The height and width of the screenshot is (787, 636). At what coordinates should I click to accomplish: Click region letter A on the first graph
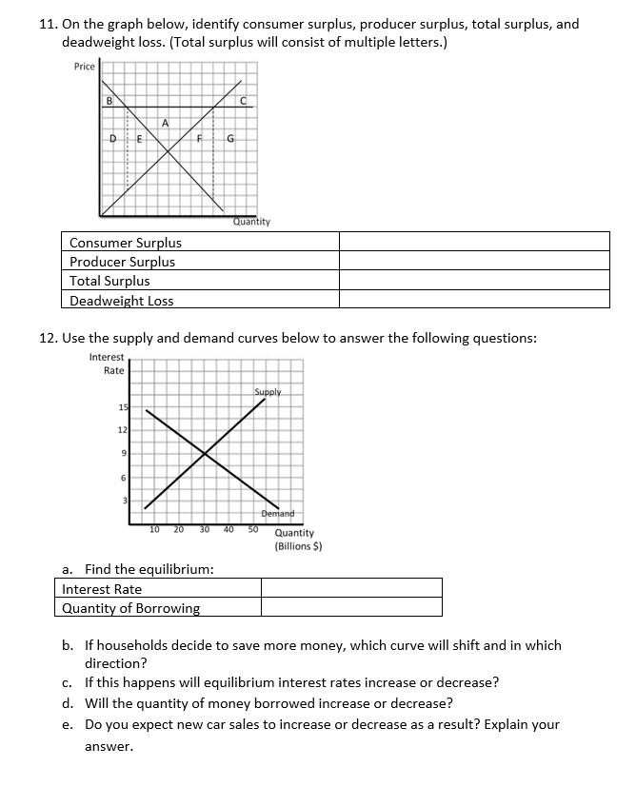(166, 122)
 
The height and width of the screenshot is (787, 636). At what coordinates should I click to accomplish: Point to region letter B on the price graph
(109, 100)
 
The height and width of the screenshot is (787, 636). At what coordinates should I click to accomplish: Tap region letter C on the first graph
(244, 100)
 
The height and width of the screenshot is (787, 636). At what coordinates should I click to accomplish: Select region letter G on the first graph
(229, 141)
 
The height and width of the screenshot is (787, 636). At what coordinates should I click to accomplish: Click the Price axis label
(85, 67)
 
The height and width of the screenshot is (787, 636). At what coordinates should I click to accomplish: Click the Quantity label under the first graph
(251, 222)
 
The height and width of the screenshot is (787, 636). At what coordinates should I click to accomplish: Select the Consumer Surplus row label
(126, 243)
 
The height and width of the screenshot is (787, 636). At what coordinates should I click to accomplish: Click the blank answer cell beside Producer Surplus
(474, 262)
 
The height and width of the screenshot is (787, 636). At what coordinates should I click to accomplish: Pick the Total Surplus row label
(109, 281)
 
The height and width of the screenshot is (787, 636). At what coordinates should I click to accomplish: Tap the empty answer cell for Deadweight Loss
(474, 300)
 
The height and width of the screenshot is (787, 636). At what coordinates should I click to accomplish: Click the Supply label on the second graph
(268, 392)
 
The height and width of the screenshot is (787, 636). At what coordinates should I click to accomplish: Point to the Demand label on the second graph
(278, 513)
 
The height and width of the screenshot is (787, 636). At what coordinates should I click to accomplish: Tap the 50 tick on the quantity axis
(253, 528)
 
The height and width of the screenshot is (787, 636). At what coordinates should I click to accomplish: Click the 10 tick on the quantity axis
(154, 528)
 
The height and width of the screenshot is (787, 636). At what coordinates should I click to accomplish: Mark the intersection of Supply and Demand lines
(206, 455)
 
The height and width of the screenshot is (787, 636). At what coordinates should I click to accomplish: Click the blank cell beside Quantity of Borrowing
(351, 607)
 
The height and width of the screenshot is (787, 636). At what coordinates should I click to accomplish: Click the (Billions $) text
(298, 546)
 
